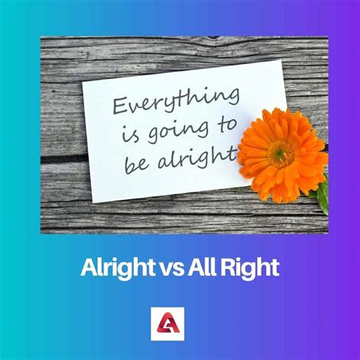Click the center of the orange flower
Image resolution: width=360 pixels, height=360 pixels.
(x=282, y=153)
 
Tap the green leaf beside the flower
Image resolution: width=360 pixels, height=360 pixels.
(x=323, y=196)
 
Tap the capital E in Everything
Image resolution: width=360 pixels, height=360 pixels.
(x=119, y=106)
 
